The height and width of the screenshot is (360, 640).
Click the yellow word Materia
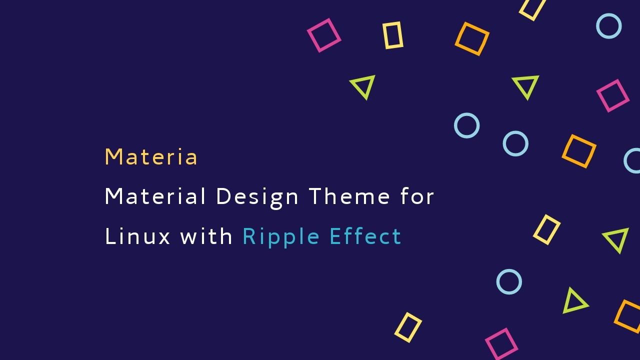point(151,156)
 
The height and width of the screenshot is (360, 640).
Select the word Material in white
point(155,196)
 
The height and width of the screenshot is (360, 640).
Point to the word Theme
point(349,196)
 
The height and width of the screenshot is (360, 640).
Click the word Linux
point(137,236)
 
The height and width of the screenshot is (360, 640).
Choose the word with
point(206,236)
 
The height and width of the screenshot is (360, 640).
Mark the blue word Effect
point(365,236)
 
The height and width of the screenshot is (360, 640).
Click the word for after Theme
point(417,196)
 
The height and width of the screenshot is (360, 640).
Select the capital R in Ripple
point(249,236)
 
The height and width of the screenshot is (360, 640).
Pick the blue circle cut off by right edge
point(625,160)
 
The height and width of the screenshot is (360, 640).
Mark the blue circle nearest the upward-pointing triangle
point(498,281)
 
